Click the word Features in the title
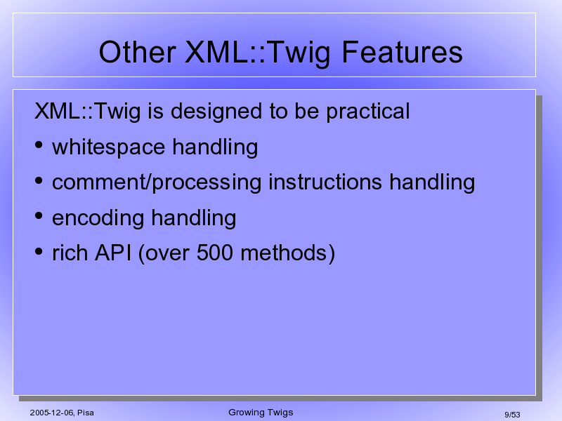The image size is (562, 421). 402,52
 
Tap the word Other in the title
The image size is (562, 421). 137,52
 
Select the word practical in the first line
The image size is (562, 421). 367,112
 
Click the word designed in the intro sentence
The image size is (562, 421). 216,112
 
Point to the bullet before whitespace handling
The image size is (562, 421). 39,145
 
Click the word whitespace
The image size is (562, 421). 109,148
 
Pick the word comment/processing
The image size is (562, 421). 157,183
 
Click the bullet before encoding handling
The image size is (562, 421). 39,215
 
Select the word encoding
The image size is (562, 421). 98,218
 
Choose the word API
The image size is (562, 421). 113,253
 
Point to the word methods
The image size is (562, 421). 283,253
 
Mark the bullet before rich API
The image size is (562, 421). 39,251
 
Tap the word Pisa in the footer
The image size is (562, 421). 86,413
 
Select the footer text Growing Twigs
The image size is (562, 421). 261,413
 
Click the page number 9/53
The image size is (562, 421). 512,415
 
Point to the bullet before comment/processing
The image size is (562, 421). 39,180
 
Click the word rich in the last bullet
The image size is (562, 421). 70,253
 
